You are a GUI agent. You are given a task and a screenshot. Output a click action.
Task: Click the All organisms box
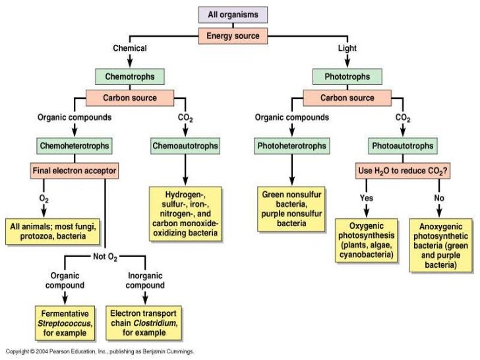(x=233, y=15)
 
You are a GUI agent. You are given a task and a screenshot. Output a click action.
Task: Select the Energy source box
(x=233, y=36)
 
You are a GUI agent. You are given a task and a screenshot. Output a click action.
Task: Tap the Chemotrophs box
(x=130, y=76)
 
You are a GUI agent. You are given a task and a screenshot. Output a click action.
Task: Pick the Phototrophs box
(x=347, y=76)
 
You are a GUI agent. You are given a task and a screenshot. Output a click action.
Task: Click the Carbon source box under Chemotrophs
(x=130, y=98)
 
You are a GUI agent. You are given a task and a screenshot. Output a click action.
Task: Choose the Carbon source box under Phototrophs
(x=347, y=98)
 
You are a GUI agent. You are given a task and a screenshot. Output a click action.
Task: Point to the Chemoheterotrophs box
(x=75, y=146)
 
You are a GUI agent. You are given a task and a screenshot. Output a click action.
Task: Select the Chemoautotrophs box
(x=185, y=146)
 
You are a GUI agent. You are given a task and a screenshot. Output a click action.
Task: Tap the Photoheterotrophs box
(x=291, y=146)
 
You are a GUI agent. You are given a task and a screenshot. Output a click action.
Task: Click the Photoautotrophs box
(x=403, y=146)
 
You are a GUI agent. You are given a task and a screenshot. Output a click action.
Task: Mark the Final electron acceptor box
(x=75, y=171)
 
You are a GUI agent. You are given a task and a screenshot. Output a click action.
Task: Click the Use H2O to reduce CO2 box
(x=403, y=171)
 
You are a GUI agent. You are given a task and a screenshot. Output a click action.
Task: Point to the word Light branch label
(x=347, y=48)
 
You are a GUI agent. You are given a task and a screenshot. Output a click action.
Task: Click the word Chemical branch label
(x=130, y=48)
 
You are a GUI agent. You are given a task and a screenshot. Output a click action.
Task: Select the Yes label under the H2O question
(x=367, y=198)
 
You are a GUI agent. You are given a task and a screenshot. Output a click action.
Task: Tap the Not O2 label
(x=105, y=257)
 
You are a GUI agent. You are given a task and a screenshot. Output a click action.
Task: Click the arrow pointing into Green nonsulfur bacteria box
(x=291, y=170)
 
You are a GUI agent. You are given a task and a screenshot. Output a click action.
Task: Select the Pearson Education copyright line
(x=100, y=351)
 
